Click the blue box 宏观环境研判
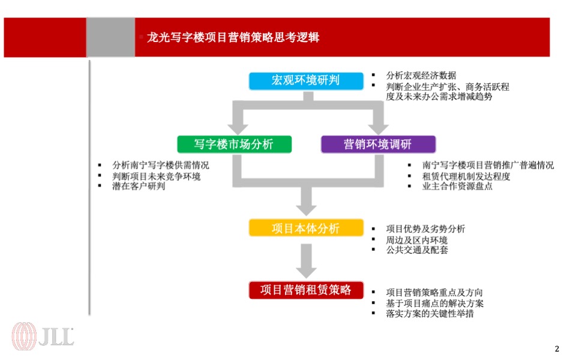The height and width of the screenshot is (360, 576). point(306,80)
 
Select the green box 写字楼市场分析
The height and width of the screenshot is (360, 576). point(234,144)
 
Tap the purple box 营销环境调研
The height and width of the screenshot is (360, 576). point(378,144)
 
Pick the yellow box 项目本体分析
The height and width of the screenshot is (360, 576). point(306,228)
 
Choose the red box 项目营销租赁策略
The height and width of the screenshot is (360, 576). point(306,290)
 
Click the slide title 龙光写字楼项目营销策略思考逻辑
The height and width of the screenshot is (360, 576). point(233,38)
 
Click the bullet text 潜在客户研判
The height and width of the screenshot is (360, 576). point(139,186)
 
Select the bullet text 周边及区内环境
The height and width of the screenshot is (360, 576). point(416,239)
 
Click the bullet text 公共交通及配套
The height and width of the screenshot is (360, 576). point(416,250)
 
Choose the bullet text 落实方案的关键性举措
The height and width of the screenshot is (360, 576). point(430,313)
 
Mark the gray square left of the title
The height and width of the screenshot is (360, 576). point(110,37)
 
